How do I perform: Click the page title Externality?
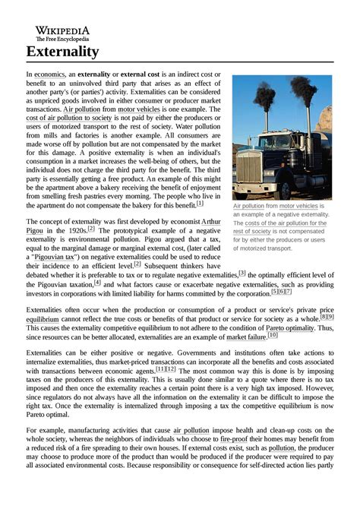coord(62,52)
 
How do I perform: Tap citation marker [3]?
coord(242,272)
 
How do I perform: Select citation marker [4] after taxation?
coord(98,283)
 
